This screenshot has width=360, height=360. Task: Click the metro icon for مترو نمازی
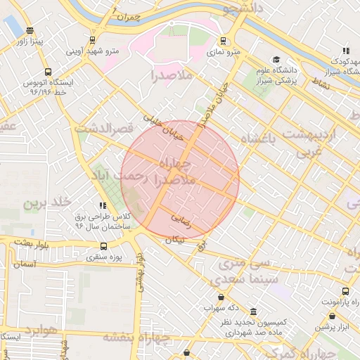pos(224,41)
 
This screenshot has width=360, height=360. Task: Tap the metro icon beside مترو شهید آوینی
pos(92,40)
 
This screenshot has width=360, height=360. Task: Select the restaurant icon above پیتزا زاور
pos(29,31)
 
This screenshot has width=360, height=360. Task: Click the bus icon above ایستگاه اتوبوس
pos(48,72)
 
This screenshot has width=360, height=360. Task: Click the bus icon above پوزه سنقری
pos(104,247)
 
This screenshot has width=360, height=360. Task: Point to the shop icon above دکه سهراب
pos(222,297)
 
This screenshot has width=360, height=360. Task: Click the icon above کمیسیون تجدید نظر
pos(253,311)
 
